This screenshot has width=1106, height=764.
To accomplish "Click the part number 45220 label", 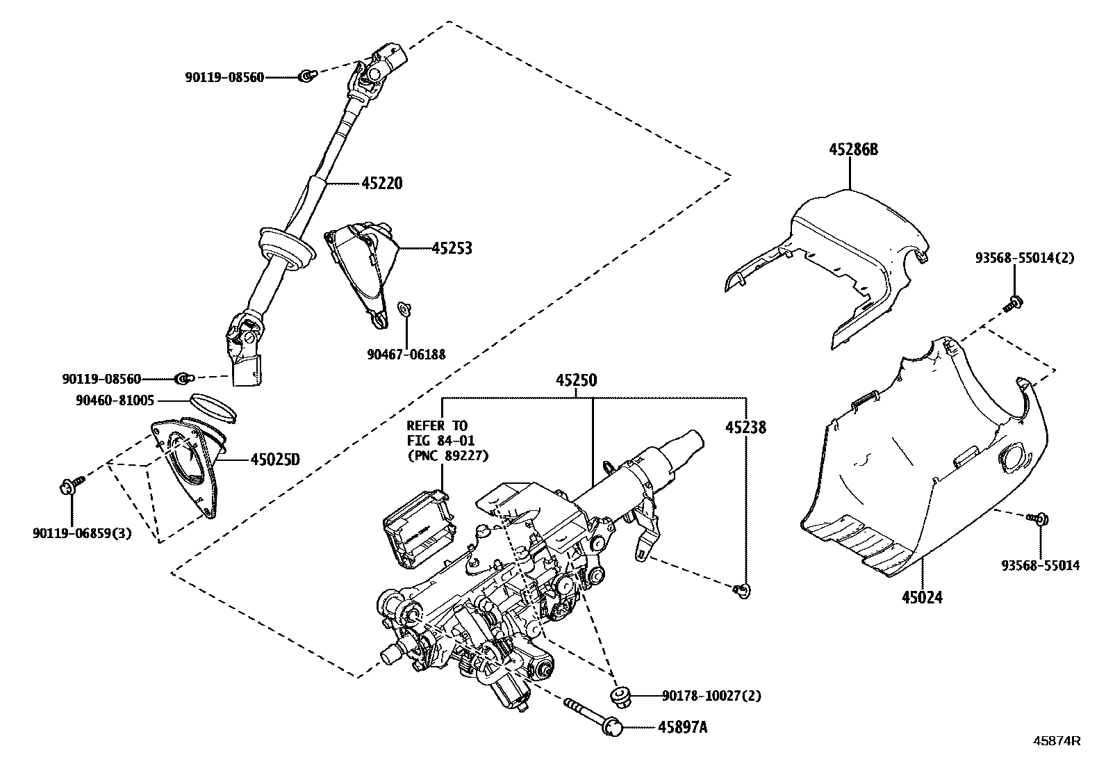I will click(381, 184).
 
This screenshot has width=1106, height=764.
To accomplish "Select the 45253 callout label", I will click(452, 248).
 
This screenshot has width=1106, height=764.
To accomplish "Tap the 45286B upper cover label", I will click(853, 149).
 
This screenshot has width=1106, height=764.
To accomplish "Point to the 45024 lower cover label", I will click(923, 596).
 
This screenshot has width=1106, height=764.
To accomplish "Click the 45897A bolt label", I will click(682, 727).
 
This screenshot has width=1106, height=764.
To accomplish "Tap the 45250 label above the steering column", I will click(576, 380).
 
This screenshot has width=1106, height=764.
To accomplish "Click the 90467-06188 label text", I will click(406, 355).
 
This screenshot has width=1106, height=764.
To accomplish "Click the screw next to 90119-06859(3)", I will click(73, 483).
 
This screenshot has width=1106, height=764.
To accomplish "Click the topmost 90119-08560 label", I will click(224, 78).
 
